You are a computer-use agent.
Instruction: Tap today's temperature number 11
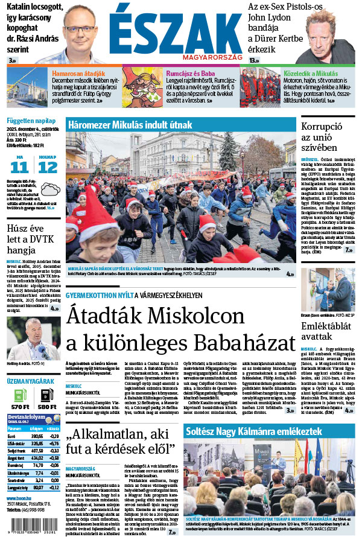[x=20, y=167]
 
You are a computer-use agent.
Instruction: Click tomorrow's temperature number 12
[x=48, y=167]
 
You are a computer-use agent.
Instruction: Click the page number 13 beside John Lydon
[x=253, y=60]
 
